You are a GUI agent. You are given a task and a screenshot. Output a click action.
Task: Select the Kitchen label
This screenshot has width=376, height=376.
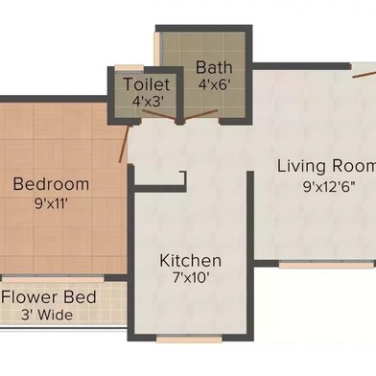(190, 261)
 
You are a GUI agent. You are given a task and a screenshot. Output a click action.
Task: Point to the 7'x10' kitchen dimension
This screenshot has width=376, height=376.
(190, 279)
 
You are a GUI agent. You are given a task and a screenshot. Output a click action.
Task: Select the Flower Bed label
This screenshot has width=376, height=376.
(48, 297)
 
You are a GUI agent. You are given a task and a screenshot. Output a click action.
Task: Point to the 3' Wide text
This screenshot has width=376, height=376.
(48, 315)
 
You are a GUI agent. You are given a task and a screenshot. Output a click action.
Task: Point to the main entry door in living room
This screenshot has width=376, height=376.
(364, 70)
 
